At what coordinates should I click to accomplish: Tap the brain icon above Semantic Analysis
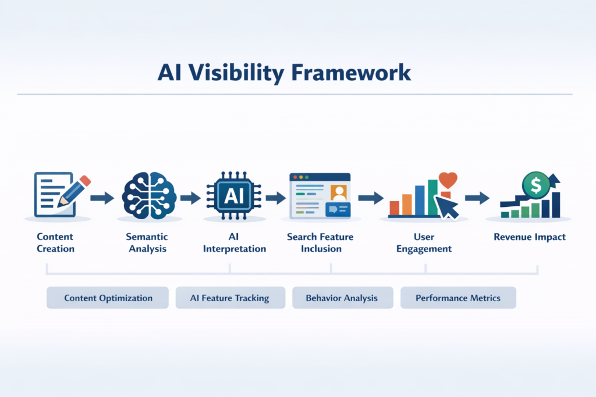point(149,196)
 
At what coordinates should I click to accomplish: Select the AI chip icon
point(234,196)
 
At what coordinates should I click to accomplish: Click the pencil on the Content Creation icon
point(74,191)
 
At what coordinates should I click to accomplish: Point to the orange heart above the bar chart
point(448,180)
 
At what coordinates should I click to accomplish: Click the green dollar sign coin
point(536,185)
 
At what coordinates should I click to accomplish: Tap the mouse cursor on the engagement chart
point(446,207)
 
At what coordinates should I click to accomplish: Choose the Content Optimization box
point(108,298)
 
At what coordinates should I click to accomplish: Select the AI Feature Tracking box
point(230,298)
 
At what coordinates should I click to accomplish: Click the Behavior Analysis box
point(342,298)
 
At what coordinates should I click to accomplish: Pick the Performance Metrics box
point(459,298)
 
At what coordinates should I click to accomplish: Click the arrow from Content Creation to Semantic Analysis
point(102,198)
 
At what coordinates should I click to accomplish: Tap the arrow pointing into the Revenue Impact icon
point(477,198)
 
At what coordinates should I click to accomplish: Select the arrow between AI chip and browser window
point(275,198)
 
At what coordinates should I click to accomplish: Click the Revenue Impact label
point(530,237)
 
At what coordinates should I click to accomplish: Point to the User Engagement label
point(424,243)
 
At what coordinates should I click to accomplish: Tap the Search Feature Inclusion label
point(321,243)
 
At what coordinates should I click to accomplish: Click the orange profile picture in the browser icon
point(338,192)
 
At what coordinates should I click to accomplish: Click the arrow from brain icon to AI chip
point(190,198)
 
